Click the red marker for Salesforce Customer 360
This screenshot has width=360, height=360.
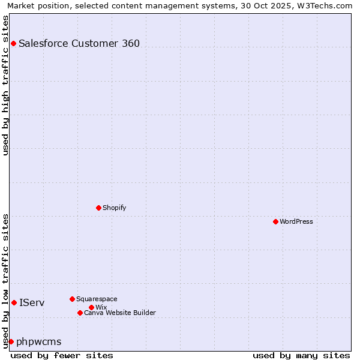(x=13, y=43)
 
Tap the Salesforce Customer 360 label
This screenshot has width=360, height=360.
(x=79, y=43)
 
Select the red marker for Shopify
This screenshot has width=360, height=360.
(x=98, y=208)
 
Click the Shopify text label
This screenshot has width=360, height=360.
(x=114, y=208)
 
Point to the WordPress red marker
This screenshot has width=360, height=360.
(x=275, y=221)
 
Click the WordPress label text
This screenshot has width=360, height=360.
(x=296, y=221)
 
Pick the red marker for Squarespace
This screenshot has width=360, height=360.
(x=72, y=299)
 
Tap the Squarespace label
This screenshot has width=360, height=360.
(x=97, y=299)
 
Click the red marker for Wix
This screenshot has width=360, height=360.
(x=91, y=307)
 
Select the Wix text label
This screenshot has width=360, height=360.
(x=101, y=307)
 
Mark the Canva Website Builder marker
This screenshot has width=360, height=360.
(x=80, y=313)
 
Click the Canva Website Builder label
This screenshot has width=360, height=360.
(x=120, y=313)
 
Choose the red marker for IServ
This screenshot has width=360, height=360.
(x=14, y=302)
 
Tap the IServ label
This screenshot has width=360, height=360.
(x=32, y=302)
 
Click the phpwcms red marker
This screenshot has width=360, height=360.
(x=11, y=341)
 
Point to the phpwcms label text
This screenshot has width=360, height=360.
(x=39, y=342)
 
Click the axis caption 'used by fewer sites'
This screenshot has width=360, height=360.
(x=62, y=355)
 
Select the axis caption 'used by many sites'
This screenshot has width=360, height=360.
(x=301, y=355)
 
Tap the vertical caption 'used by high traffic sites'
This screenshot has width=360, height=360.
(x=5, y=85)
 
